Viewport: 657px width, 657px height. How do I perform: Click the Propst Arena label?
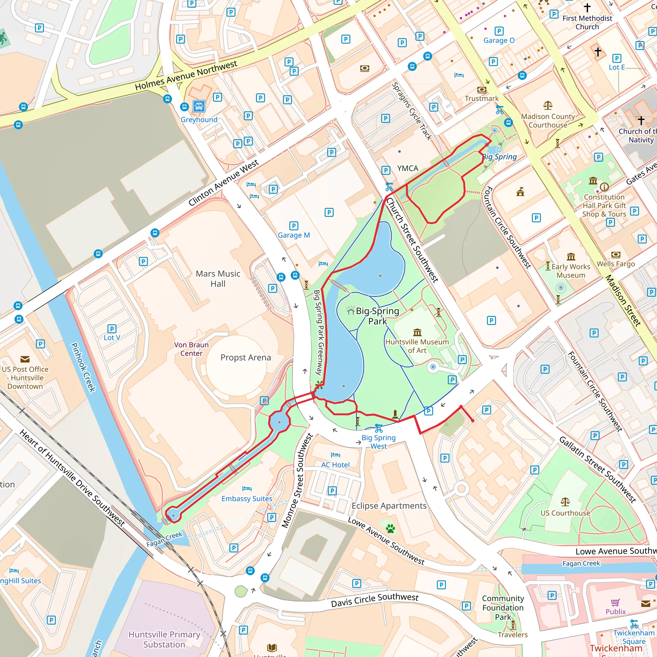[245, 357]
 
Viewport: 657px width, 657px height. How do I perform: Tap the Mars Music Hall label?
[218, 278]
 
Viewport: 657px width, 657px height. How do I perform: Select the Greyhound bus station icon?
[199, 107]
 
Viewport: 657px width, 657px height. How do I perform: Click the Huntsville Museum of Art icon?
[417, 332]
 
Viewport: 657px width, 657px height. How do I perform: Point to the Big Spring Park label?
[377, 316]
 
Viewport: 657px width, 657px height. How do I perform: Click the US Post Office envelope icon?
[25, 359]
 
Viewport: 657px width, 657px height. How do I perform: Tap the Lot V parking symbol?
[112, 328]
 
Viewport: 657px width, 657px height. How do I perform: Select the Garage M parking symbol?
[294, 226]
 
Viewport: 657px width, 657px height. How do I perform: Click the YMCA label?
[407, 168]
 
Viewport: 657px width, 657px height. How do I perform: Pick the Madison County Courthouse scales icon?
[548, 106]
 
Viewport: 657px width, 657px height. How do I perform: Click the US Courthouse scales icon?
[565, 502]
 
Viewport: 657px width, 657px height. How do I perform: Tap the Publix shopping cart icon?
[616, 603]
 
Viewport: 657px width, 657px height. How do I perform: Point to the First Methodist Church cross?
[587, 7]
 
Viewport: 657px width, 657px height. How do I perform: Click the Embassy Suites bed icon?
[247, 489]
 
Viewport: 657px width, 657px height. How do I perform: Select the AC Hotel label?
[335, 465]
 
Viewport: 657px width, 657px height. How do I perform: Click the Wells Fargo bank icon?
[616, 255]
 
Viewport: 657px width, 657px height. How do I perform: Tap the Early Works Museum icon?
[571, 257]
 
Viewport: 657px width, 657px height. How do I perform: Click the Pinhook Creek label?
[83, 367]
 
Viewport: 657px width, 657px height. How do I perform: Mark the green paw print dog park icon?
[390, 528]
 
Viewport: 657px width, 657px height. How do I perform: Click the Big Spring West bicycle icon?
[379, 429]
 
